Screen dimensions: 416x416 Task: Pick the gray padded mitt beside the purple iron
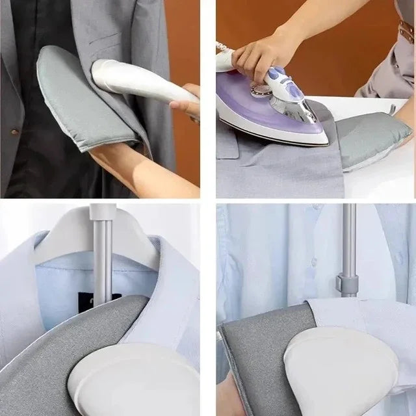[377, 136]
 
